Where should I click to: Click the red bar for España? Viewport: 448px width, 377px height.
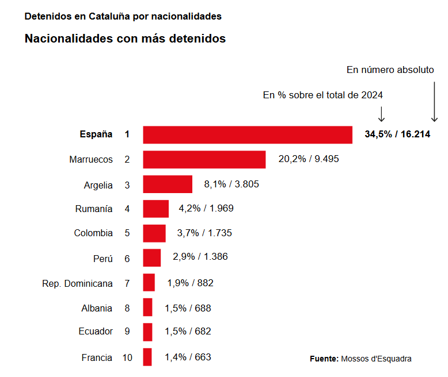248,134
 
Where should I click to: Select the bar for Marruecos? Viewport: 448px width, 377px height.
204,159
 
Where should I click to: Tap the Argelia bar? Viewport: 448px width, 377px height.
168,184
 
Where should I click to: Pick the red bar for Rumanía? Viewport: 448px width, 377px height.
156,209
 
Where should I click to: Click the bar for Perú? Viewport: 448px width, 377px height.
152,258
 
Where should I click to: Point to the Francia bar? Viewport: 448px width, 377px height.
147,357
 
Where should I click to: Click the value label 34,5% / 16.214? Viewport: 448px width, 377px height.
397,134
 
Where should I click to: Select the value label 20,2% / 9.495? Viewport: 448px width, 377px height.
309,159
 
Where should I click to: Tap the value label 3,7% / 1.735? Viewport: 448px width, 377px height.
204,233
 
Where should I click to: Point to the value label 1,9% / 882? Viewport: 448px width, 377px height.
190,283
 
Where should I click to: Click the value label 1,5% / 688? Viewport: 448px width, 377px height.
188,308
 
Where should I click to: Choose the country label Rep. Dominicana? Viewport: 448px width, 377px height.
77,283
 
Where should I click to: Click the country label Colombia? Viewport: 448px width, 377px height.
93,233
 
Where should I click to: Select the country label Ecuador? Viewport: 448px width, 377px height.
96,331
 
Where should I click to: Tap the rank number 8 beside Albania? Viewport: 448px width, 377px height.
127,308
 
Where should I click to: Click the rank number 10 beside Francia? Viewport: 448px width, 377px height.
127,357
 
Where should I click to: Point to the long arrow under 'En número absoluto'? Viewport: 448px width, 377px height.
434,100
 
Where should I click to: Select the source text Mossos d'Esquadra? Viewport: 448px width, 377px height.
376,359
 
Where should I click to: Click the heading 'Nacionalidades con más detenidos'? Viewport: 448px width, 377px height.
125,39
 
